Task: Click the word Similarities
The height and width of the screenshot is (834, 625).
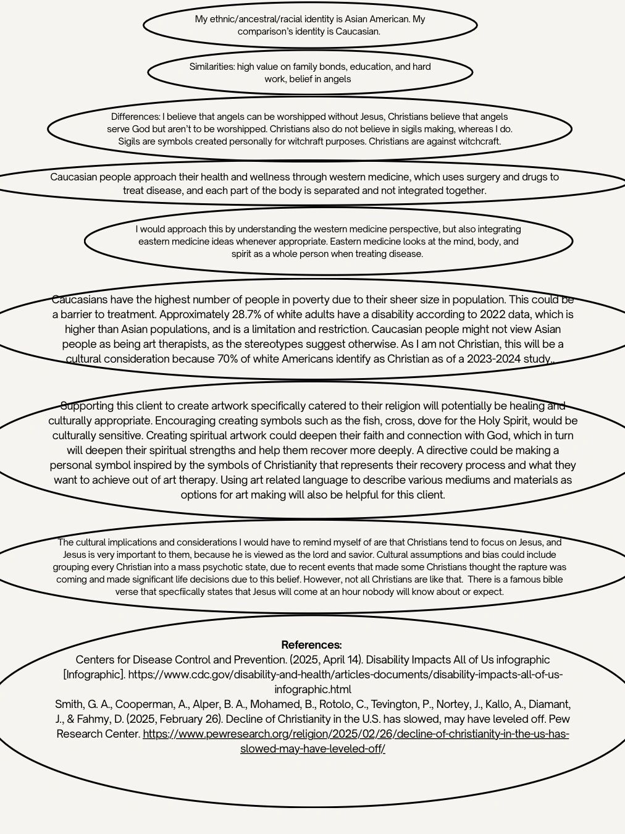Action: tap(212, 67)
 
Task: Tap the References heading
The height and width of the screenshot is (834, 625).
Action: tap(311, 644)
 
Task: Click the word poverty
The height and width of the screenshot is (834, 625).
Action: tap(300, 300)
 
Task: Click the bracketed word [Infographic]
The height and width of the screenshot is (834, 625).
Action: tap(94, 675)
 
